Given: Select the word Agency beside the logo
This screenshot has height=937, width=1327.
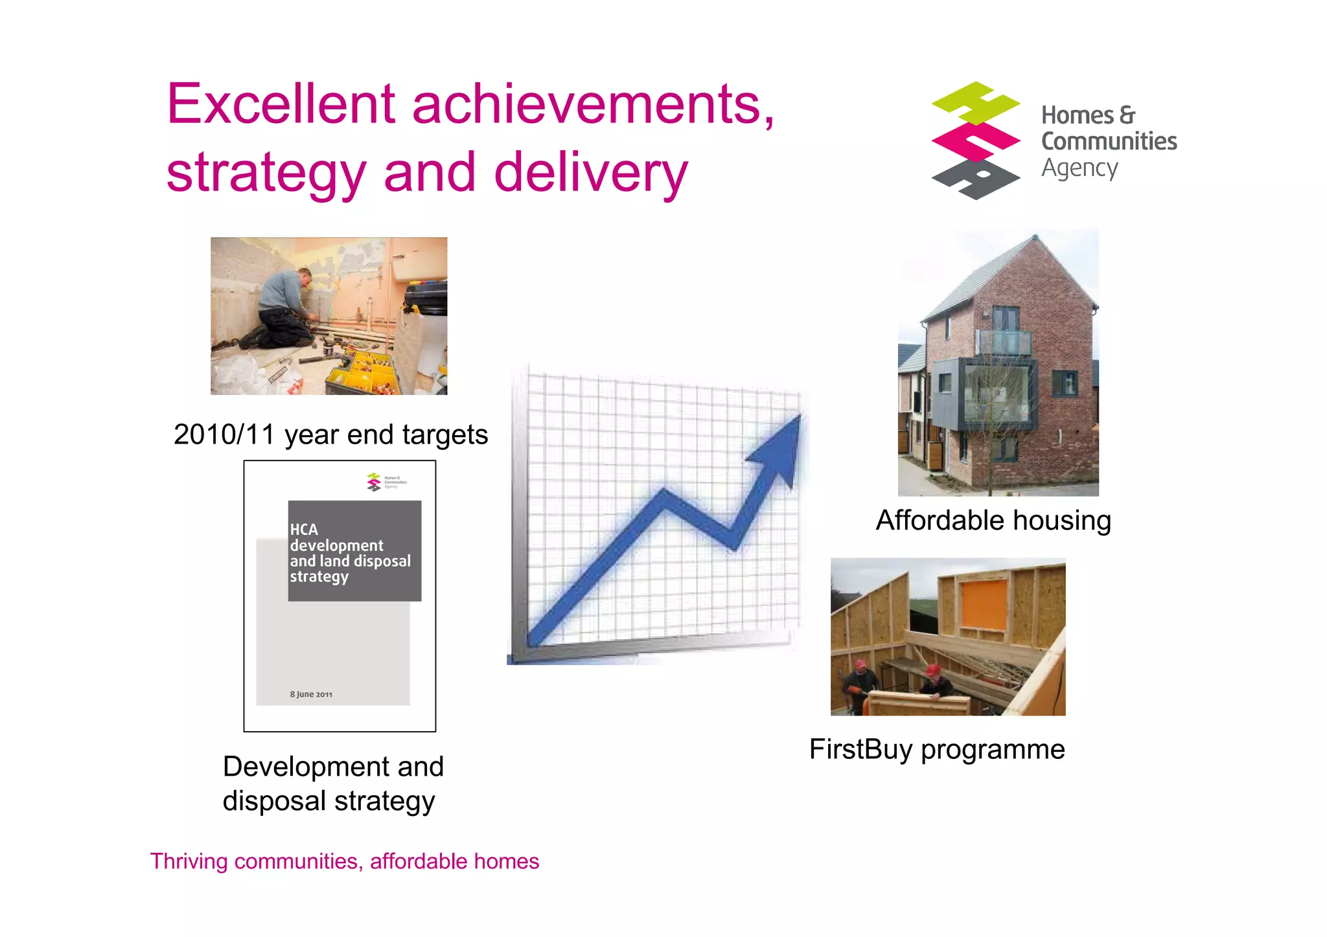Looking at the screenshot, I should tap(1079, 168).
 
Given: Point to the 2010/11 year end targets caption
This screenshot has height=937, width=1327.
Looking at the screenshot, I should tap(330, 435).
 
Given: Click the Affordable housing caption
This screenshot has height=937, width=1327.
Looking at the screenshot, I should tap(993, 521).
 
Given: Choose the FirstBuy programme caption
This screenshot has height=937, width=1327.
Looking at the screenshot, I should tap(936, 749).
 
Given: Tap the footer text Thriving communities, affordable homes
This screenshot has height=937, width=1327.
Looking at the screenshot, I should tap(344, 861).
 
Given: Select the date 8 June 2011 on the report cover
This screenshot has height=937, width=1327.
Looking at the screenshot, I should tap(311, 694).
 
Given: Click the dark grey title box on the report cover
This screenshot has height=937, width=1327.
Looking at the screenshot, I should tap(354, 550).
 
